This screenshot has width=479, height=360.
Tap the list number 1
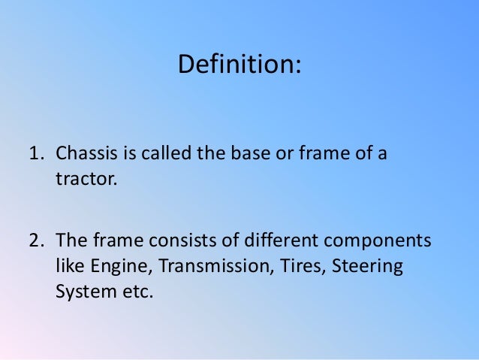click(x=34, y=156)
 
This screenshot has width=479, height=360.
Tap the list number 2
click(x=35, y=241)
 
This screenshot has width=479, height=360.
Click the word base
click(x=241, y=156)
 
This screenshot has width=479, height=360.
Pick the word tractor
click(x=83, y=180)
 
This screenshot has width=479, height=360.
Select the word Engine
click(x=113, y=266)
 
